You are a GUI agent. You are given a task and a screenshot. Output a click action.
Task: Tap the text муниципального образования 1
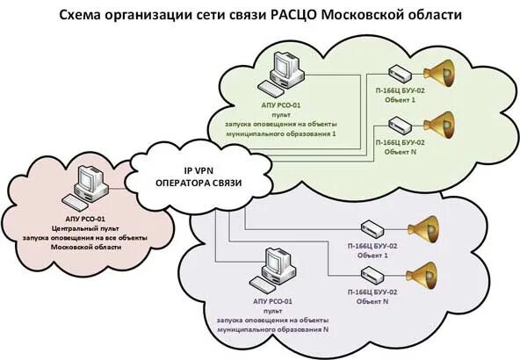point(279,134)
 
